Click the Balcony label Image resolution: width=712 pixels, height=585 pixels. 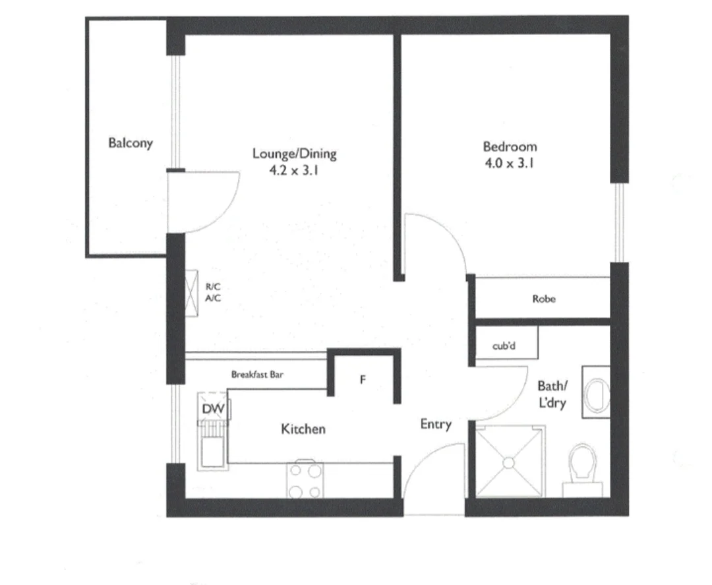pyautogui.click(x=131, y=142)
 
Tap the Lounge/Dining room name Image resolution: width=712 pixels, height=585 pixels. pyautogui.click(x=295, y=154)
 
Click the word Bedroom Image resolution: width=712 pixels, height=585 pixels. pyautogui.click(x=510, y=146)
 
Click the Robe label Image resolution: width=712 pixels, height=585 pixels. pyautogui.click(x=544, y=299)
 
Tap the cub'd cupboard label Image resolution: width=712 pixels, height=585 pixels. pyautogui.click(x=504, y=346)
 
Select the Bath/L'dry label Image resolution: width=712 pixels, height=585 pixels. pyautogui.click(x=551, y=394)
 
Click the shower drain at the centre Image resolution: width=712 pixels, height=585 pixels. pyautogui.click(x=509, y=462)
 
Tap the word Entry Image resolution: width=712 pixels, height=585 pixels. pyautogui.click(x=436, y=425)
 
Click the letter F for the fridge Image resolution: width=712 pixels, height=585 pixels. pyautogui.click(x=363, y=380)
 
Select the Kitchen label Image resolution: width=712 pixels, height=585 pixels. pyautogui.click(x=303, y=429)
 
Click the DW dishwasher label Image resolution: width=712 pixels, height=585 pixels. pyautogui.click(x=214, y=410)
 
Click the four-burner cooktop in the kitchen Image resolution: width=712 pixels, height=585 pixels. pyautogui.click(x=304, y=481)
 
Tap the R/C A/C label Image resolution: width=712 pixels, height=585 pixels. pyautogui.click(x=213, y=292)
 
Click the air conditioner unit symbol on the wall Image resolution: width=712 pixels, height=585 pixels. pyautogui.click(x=192, y=293)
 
